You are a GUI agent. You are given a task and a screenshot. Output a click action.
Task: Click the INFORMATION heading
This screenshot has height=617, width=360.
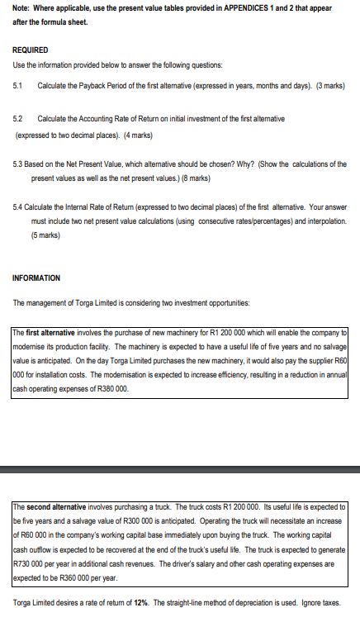37,278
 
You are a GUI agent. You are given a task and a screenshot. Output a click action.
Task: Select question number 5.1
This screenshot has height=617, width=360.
18,86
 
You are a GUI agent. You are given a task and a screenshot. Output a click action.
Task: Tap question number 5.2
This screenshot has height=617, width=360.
18,119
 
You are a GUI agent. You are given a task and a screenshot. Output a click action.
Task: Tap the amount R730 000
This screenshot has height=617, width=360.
32,549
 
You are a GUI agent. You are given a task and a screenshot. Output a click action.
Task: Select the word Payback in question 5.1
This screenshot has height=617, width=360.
92,86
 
